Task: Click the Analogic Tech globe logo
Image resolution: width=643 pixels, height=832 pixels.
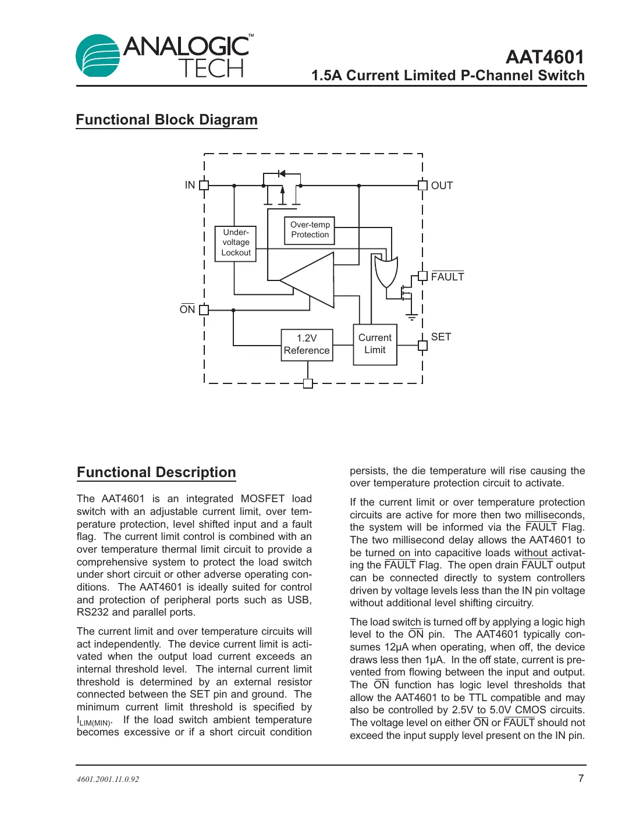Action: pos(98,56)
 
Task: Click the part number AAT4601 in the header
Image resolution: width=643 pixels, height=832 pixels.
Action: pos(544,57)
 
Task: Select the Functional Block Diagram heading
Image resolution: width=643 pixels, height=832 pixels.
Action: pos(166,120)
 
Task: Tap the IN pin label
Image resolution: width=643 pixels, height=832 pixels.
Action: pos(190,185)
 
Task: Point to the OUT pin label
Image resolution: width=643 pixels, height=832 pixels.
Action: pos(442,186)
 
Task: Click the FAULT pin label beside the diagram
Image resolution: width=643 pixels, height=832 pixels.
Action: pos(447,277)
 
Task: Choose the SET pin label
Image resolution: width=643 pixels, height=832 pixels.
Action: pos(441,337)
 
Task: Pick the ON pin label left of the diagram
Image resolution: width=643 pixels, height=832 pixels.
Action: pos(187,310)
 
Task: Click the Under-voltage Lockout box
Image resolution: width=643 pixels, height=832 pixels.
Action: pos(236,243)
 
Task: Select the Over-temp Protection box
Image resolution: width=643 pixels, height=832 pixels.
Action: pos(310,230)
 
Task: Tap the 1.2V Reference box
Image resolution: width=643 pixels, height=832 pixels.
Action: pos(307,344)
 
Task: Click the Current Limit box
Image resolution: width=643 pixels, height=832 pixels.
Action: pos(375,344)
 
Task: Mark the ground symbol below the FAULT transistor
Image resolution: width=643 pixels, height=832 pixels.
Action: pos(411,318)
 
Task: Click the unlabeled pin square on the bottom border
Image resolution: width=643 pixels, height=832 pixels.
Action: pos(308,383)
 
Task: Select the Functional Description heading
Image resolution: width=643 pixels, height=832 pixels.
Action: pos(157,472)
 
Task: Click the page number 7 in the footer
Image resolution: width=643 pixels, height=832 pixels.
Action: pos(581,778)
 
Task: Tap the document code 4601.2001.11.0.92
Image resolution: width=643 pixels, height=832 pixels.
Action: pos(108,779)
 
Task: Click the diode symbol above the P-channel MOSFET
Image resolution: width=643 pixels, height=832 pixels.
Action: pos(282,173)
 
